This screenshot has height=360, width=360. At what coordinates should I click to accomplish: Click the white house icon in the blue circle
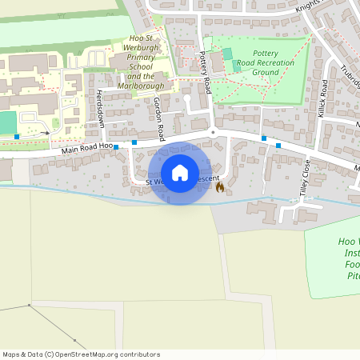coord(179,173)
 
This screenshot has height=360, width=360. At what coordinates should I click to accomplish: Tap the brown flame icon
coord(220,186)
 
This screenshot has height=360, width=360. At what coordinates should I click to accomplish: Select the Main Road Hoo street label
coord(84,150)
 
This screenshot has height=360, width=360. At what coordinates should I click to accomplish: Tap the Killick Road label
coord(323,96)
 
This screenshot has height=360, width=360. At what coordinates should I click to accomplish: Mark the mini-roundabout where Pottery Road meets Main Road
coord(213,132)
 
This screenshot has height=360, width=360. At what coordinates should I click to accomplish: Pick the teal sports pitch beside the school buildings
coord(7,122)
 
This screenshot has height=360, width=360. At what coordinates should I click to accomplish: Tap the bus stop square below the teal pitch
coord(17,137)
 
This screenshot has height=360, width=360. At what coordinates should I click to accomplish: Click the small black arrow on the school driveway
coord(47,132)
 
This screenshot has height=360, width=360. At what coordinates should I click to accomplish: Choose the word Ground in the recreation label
coord(265,72)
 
